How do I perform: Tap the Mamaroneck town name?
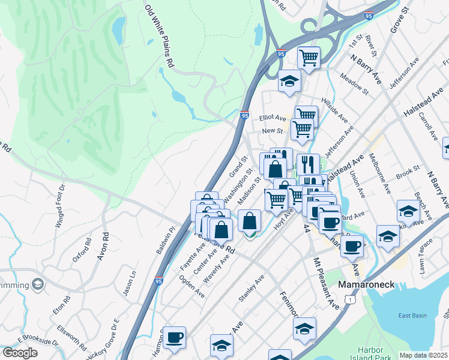366,284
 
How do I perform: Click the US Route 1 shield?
350,298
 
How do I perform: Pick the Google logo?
20,352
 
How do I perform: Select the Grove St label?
399,20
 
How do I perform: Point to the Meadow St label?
353,85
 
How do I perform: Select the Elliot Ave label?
273,118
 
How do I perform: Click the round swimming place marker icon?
38,283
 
